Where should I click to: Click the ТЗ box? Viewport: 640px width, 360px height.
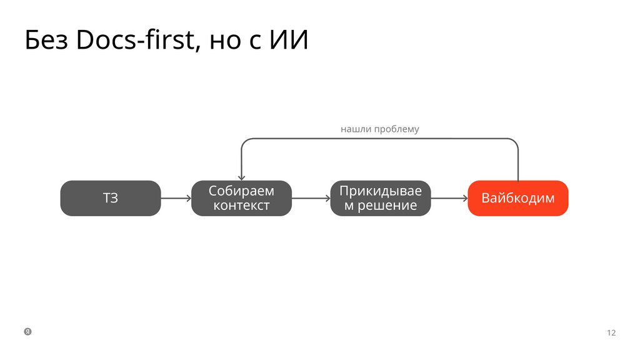coord(110,198)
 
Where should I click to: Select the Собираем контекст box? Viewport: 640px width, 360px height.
coord(241,198)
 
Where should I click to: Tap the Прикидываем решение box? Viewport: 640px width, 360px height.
coord(380,198)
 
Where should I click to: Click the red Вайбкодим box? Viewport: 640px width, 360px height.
coord(517,198)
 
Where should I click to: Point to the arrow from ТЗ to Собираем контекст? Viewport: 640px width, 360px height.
coord(176,199)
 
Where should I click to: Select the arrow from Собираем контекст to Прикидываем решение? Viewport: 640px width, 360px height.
coord(311,199)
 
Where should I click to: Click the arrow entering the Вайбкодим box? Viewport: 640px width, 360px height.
coord(449,199)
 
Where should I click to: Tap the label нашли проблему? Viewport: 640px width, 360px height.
coord(379,129)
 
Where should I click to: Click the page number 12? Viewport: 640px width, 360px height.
coord(611,332)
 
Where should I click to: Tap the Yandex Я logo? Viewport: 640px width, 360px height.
coord(28,331)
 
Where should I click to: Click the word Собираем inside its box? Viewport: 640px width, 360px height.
coord(241,191)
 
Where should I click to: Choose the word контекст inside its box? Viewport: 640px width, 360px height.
coord(241,206)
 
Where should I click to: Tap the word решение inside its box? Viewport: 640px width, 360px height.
coord(387,206)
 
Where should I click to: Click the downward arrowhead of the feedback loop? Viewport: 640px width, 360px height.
coord(241,177)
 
